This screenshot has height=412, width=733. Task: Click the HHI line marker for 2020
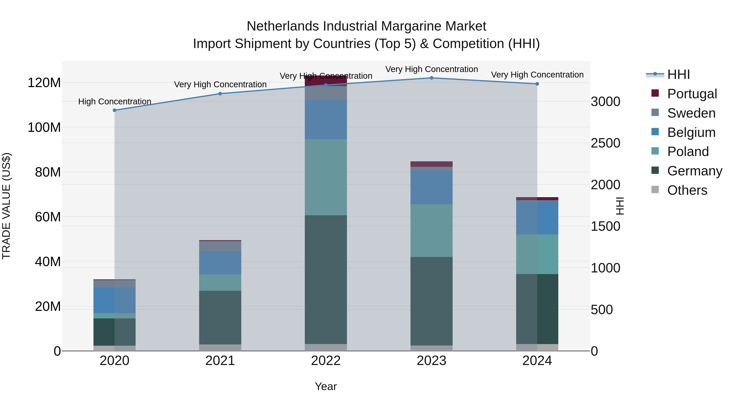tap(114, 110)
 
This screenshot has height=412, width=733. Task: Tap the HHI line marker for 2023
tap(431, 78)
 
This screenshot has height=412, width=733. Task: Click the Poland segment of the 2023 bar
tap(431, 230)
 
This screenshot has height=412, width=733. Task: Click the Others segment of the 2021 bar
tap(220, 348)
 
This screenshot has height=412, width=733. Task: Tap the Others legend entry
tap(687, 190)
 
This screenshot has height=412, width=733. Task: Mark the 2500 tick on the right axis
tap(605, 143)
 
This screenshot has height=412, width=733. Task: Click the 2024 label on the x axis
tap(537, 361)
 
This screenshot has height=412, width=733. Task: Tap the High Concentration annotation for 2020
tap(114, 102)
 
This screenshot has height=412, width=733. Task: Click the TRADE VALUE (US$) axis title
tap(6, 206)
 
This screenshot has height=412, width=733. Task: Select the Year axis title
tap(326, 386)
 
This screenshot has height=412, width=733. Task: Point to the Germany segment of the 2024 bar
tap(537, 309)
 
